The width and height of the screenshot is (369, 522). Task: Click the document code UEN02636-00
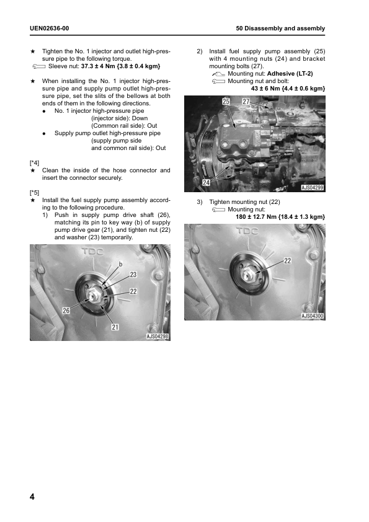(x=49, y=29)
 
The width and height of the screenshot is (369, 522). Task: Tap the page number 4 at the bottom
(x=32, y=497)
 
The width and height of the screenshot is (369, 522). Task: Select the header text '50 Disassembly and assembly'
(x=280, y=29)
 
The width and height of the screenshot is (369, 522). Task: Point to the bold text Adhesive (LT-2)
(x=290, y=74)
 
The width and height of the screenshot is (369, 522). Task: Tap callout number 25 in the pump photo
(x=226, y=102)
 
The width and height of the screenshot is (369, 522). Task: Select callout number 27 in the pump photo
(x=246, y=102)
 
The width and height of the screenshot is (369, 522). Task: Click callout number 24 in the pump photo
(x=207, y=182)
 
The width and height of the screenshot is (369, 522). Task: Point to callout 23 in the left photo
(x=133, y=275)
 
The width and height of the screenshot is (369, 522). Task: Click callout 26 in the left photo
(x=66, y=311)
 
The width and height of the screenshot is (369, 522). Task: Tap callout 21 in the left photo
(x=115, y=327)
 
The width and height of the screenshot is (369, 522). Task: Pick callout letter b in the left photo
(x=120, y=264)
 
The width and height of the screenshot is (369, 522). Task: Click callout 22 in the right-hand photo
(x=287, y=260)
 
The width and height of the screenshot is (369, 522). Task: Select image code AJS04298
(x=158, y=337)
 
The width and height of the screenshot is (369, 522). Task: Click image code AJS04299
(x=313, y=188)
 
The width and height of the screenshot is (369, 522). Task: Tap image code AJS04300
(x=313, y=316)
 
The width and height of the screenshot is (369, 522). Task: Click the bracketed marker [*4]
(x=34, y=163)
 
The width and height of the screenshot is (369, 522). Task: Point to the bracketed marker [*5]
(x=34, y=192)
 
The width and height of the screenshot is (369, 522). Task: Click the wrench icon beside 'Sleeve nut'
(x=39, y=66)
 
